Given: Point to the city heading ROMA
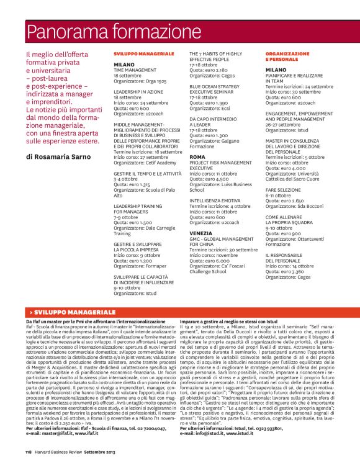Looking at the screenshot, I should click(197, 157).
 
